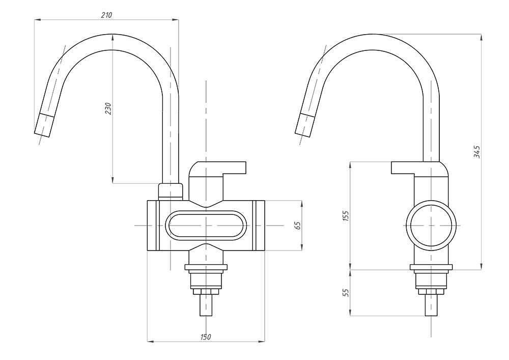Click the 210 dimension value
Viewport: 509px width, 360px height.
click(106, 15)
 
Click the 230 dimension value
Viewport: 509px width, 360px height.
click(108, 108)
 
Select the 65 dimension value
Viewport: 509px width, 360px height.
click(298, 225)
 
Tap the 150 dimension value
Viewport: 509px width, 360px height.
click(206, 337)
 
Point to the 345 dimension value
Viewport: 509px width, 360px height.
click(477, 152)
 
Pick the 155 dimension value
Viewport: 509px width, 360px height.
click(347, 215)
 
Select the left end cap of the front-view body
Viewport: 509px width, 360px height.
click(152, 225)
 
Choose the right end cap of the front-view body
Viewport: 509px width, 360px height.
click(259, 225)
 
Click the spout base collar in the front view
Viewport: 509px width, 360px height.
click(170, 191)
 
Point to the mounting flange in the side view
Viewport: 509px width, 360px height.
click(431, 268)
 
